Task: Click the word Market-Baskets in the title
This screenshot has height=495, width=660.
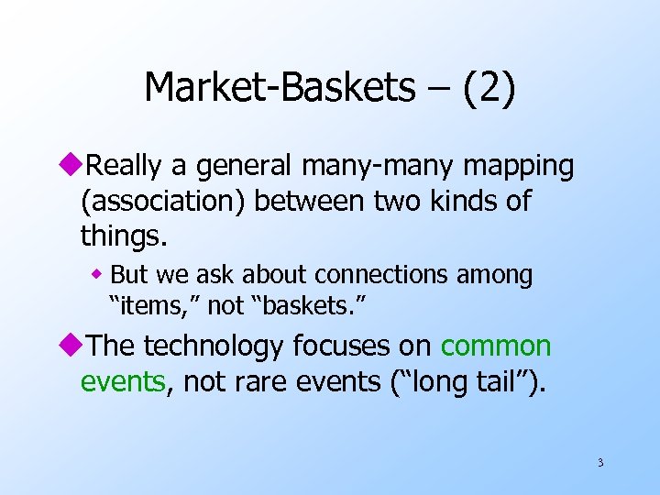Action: (280, 88)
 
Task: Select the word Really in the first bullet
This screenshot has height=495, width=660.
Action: (132, 167)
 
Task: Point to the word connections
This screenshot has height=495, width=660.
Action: (390, 275)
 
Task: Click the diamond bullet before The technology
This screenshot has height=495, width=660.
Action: (86, 346)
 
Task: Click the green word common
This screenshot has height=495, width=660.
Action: (496, 346)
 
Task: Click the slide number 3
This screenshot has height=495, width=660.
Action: (600, 462)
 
